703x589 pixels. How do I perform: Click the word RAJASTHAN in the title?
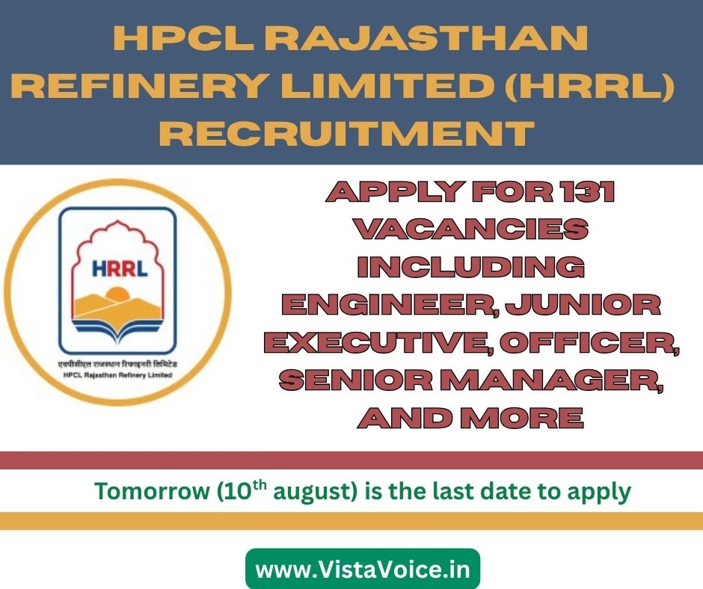[425, 38]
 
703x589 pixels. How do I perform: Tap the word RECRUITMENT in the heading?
[346, 132]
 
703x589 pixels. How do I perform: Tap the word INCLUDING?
[470, 267]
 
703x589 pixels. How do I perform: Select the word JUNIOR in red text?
[583, 305]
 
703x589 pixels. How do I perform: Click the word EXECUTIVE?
[381, 343]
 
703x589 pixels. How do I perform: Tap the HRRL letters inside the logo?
[120, 268]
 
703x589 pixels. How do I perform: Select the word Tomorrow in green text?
[152, 491]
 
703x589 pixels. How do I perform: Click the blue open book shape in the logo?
[117, 327]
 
